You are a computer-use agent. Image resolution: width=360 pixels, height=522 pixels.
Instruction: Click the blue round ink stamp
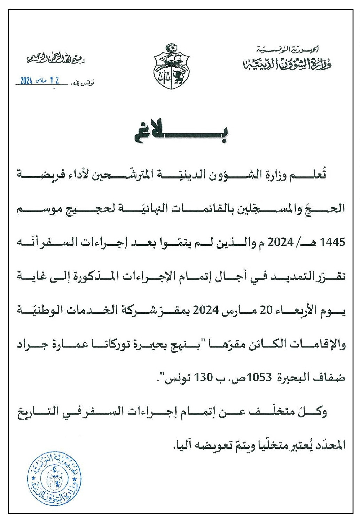54,478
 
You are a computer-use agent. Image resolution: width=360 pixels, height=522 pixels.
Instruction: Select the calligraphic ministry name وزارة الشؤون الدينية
287,63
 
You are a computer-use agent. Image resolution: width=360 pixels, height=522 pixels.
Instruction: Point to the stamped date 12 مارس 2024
39,81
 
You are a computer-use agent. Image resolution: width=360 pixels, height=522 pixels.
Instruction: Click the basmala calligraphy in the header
56,59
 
